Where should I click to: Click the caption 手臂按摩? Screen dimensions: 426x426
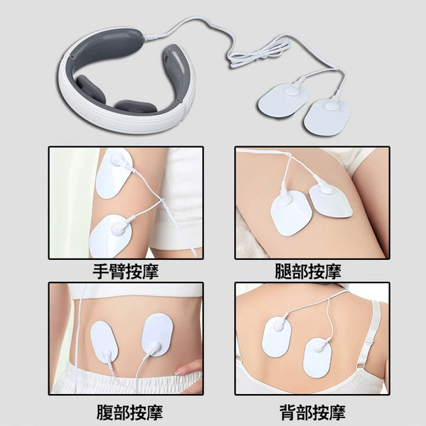pos(126,271)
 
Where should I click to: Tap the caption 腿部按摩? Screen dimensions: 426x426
pos(308,271)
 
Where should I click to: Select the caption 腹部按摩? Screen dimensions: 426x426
pos(130,412)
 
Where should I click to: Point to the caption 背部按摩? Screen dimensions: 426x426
pos(312,412)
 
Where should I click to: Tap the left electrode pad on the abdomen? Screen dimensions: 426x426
pos(104,342)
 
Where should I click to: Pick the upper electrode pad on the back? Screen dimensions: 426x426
pos(276,337)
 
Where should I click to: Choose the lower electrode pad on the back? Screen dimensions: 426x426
pos(317,358)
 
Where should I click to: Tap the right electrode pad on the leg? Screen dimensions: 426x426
pos(330,200)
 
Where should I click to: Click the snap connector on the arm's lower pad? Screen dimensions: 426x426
pos(119,230)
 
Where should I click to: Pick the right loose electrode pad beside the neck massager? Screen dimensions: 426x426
pos(327,116)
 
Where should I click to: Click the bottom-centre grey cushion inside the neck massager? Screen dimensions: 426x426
pos(136,106)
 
